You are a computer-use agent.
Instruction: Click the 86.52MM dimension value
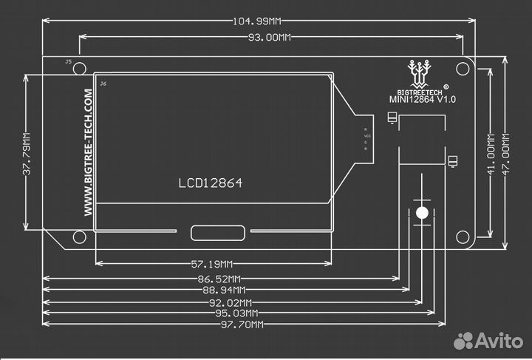point(219,279)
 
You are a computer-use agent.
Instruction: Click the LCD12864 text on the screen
point(210,183)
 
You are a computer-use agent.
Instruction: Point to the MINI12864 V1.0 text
point(423,98)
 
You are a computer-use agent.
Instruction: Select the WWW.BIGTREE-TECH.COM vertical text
point(88,153)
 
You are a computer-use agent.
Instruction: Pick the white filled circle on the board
point(422,213)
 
